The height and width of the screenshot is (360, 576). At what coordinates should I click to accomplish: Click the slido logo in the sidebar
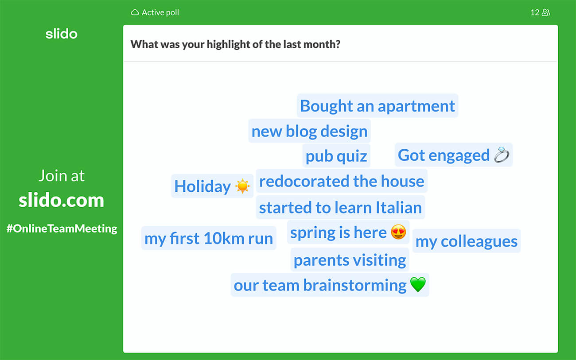(x=61, y=34)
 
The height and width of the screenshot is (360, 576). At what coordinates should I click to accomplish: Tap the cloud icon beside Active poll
(x=135, y=12)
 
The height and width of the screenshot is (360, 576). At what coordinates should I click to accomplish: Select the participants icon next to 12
(x=546, y=12)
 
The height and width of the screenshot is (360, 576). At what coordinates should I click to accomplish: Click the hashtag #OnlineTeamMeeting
(x=62, y=228)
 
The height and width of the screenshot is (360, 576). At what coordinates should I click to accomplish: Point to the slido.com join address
(x=61, y=200)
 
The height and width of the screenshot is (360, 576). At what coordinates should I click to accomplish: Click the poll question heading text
(x=235, y=44)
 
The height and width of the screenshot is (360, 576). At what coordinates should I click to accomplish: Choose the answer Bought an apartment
(x=378, y=106)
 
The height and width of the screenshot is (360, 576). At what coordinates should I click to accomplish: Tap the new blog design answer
(x=309, y=131)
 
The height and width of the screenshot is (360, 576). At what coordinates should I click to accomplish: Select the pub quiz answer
(x=336, y=156)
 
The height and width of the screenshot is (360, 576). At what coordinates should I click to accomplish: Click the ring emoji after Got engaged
(x=502, y=155)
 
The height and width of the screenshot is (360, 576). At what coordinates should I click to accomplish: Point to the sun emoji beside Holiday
(x=242, y=186)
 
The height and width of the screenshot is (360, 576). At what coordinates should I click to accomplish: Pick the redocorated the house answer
(x=342, y=181)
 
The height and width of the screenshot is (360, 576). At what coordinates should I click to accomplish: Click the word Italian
(x=399, y=207)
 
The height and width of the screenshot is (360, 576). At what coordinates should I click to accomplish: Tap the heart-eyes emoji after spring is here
(x=398, y=232)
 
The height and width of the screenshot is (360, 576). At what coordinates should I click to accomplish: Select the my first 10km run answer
(x=209, y=238)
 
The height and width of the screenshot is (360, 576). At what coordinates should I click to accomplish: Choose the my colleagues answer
(x=467, y=241)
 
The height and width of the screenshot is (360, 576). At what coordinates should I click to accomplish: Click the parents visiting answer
(x=350, y=260)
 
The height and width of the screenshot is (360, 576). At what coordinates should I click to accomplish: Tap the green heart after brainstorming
(x=418, y=284)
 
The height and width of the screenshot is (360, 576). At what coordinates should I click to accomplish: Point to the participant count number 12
(x=535, y=12)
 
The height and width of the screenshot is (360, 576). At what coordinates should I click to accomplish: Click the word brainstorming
(x=355, y=285)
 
